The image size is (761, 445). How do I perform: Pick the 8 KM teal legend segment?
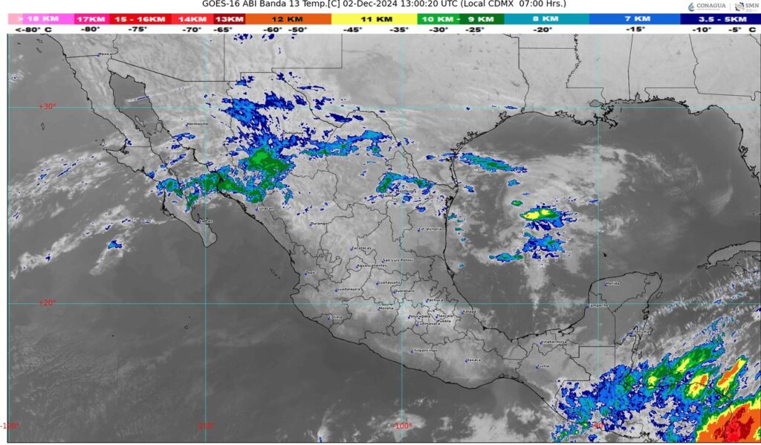pos(546,19)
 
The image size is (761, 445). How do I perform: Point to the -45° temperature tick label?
pos(352,30)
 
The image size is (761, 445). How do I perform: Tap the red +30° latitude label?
pos(47,106)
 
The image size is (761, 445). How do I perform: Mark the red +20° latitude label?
pos(47,303)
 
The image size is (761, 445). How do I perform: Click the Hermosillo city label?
pos(197,123)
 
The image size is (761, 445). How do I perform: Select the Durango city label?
pos(319,223)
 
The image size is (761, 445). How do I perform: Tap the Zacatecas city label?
pos(361,248)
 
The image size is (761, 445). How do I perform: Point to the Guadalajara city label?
pos(349,288)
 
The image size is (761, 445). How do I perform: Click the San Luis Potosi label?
pos(397,260)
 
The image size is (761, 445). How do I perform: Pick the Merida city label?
pos(612,283)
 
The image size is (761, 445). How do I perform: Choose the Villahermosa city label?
pos(554,342)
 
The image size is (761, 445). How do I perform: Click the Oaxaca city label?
pos(473,360)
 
